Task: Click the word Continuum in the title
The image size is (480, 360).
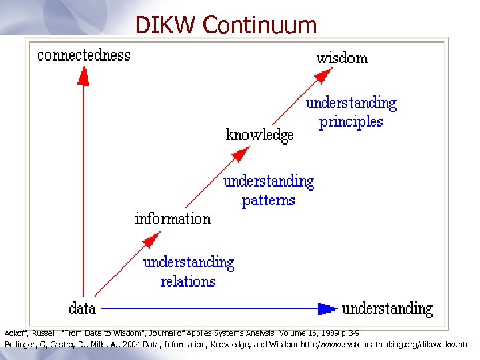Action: tap(260, 25)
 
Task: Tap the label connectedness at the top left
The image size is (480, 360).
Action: tap(84, 55)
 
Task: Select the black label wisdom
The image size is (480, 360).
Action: tap(342, 58)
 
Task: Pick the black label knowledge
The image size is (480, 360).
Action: tap(260, 135)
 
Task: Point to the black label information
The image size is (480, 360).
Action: tap(173, 219)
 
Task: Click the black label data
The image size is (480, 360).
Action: tap(83, 309)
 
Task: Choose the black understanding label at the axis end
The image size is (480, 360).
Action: tap(387, 309)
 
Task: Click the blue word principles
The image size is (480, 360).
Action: tap(351, 122)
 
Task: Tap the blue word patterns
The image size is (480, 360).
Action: tap(269, 200)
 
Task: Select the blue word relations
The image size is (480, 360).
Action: tap(188, 281)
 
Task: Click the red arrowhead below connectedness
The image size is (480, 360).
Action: tap(83, 77)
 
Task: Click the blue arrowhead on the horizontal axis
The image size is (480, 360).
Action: tap(326, 309)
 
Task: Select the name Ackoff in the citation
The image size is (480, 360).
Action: tap(17, 332)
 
